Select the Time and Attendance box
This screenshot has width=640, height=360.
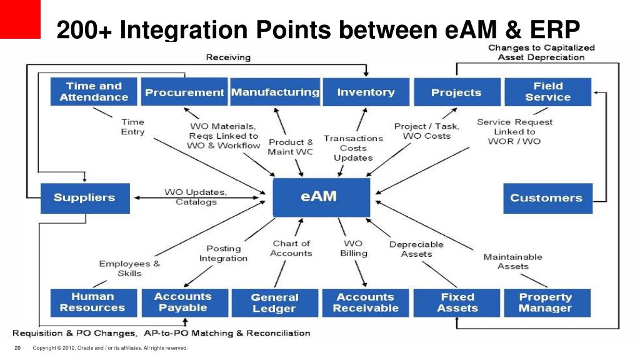[94, 92]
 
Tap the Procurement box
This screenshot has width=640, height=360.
[184, 92]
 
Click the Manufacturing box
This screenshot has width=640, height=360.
[275, 92]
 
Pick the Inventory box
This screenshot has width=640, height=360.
[366, 92]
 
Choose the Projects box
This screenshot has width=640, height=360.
[456, 92]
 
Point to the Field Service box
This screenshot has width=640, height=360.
[547, 92]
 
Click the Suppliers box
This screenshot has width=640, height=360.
[84, 197]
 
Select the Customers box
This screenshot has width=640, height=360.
[547, 197]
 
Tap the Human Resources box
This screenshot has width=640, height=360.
[92, 302]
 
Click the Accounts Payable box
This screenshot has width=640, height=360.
[183, 302]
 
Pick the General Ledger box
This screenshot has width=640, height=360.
[274, 302]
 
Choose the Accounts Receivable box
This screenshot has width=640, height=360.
[366, 302]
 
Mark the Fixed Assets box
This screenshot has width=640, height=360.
[457, 302]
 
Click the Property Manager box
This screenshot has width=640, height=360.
[546, 302]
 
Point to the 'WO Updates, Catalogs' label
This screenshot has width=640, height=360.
[196, 197]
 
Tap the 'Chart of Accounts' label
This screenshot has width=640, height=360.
[291, 248]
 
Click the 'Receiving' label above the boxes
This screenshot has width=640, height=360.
[228, 57]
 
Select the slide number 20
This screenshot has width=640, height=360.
[17, 348]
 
